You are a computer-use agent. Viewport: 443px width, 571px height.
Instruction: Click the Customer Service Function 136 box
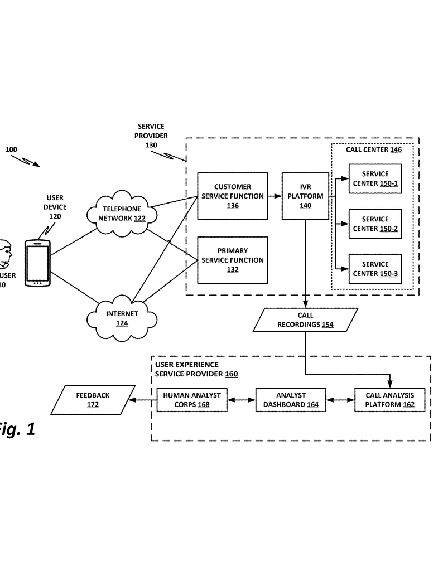pyautogui.click(x=232, y=196)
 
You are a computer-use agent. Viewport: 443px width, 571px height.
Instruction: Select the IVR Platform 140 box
pyautogui.click(x=305, y=196)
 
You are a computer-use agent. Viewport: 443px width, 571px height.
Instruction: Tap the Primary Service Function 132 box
pyautogui.click(x=232, y=260)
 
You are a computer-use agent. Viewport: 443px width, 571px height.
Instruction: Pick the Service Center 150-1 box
pyautogui.click(x=375, y=178)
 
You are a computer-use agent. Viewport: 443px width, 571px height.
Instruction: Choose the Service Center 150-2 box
pyautogui.click(x=375, y=224)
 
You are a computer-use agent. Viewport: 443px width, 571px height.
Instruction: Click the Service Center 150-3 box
pyautogui.click(x=375, y=269)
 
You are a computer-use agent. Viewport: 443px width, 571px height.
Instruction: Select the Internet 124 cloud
pyautogui.click(x=121, y=318)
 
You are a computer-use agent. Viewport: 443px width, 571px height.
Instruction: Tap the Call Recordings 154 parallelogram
pyautogui.click(x=305, y=320)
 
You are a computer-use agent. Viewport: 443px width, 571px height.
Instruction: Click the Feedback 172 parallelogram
pyautogui.click(x=93, y=400)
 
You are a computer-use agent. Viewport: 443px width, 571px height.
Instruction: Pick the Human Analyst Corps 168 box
pyautogui.click(x=191, y=400)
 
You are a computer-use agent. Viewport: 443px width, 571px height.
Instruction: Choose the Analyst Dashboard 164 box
pyautogui.click(x=291, y=400)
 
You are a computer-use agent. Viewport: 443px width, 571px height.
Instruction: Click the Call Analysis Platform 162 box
pyautogui.click(x=389, y=400)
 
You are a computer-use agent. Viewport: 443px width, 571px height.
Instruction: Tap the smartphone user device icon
pyautogui.click(x=37, y=263)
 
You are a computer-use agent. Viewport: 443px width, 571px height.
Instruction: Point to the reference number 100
pyautogui.click(x=11, y=149)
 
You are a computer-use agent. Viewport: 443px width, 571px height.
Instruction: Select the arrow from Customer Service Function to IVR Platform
pyautogui.click(x=273, y=196)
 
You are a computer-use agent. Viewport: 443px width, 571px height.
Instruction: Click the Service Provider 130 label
pyautogui.click(x=151, y=136)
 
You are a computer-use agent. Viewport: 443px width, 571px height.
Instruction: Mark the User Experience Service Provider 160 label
pyautogui.click(x=196, y=369)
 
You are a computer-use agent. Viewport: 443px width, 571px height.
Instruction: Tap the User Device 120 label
pyautogui.click(x=55, y=207)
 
